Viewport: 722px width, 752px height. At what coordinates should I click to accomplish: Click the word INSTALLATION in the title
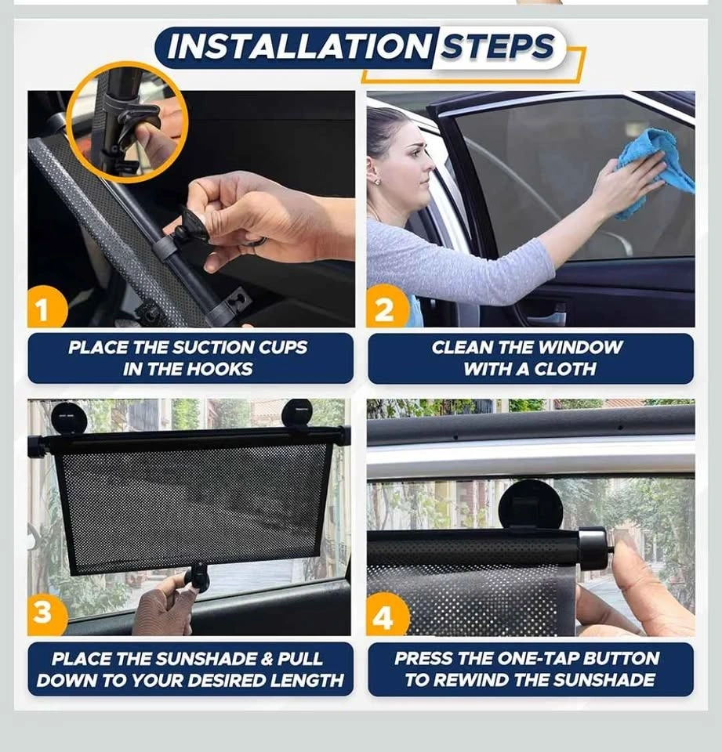[299, 47]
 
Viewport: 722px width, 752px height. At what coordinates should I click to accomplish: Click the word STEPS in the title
[498, 47]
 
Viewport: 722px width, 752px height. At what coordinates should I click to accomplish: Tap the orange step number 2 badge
[386, 307]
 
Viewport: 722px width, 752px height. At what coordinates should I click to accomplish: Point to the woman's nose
[430, 166]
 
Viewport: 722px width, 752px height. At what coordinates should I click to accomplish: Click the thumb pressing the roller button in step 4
[633, 566]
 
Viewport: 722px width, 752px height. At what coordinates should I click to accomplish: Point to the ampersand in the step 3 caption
[267, 659]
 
